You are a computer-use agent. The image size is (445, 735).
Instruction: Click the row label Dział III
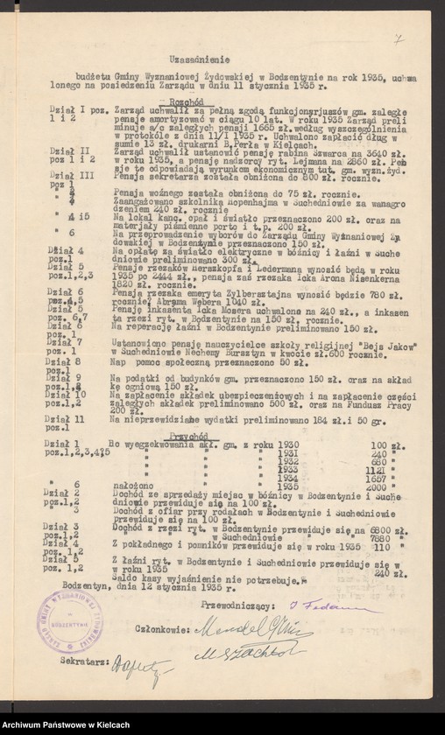61,176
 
